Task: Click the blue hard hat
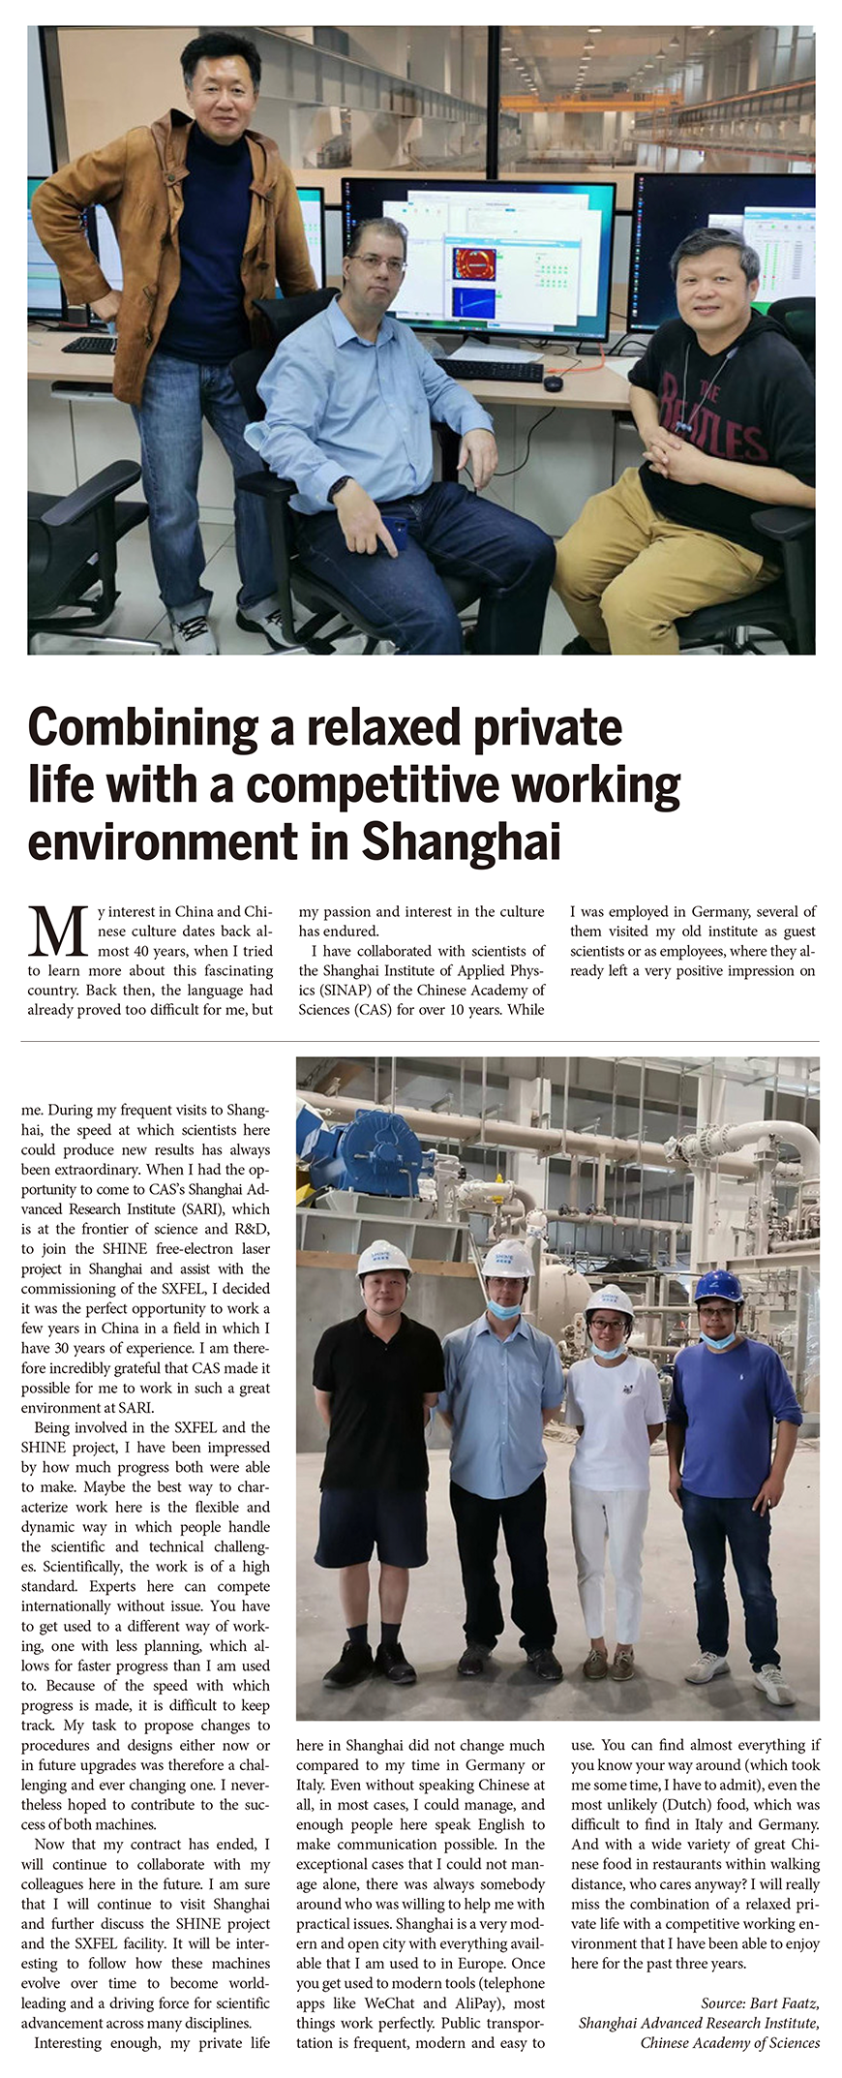pos(718,1287)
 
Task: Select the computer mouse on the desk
pos(553,383)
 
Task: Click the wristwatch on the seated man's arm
pos(340,488)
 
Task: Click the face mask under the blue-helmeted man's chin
pos(717,1339)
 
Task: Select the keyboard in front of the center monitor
pos(489,370)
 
